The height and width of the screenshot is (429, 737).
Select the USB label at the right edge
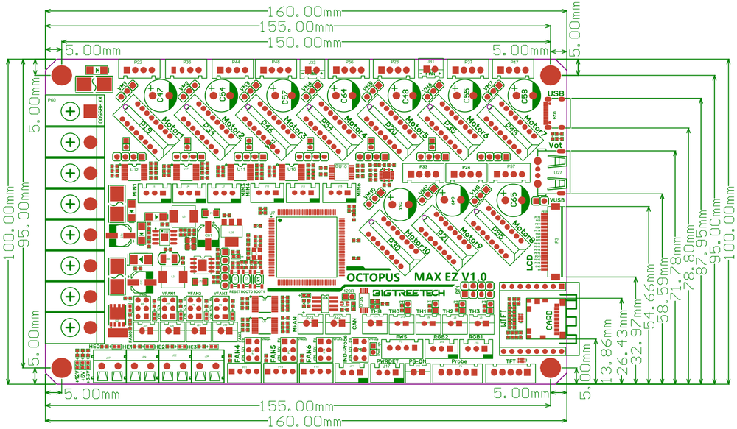(556, 93)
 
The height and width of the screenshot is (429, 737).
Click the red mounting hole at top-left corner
(62, 75)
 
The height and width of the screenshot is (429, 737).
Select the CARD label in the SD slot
(548, 322)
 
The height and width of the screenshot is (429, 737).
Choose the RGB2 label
(441, 338)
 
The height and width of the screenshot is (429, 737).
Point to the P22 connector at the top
(138, 63)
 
